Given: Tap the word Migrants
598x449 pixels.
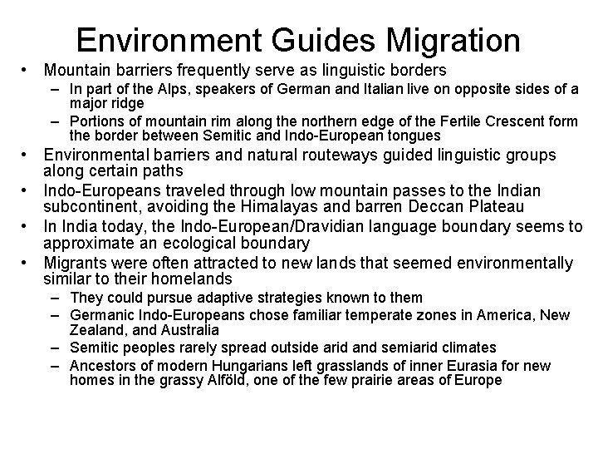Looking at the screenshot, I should click(77, 264).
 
